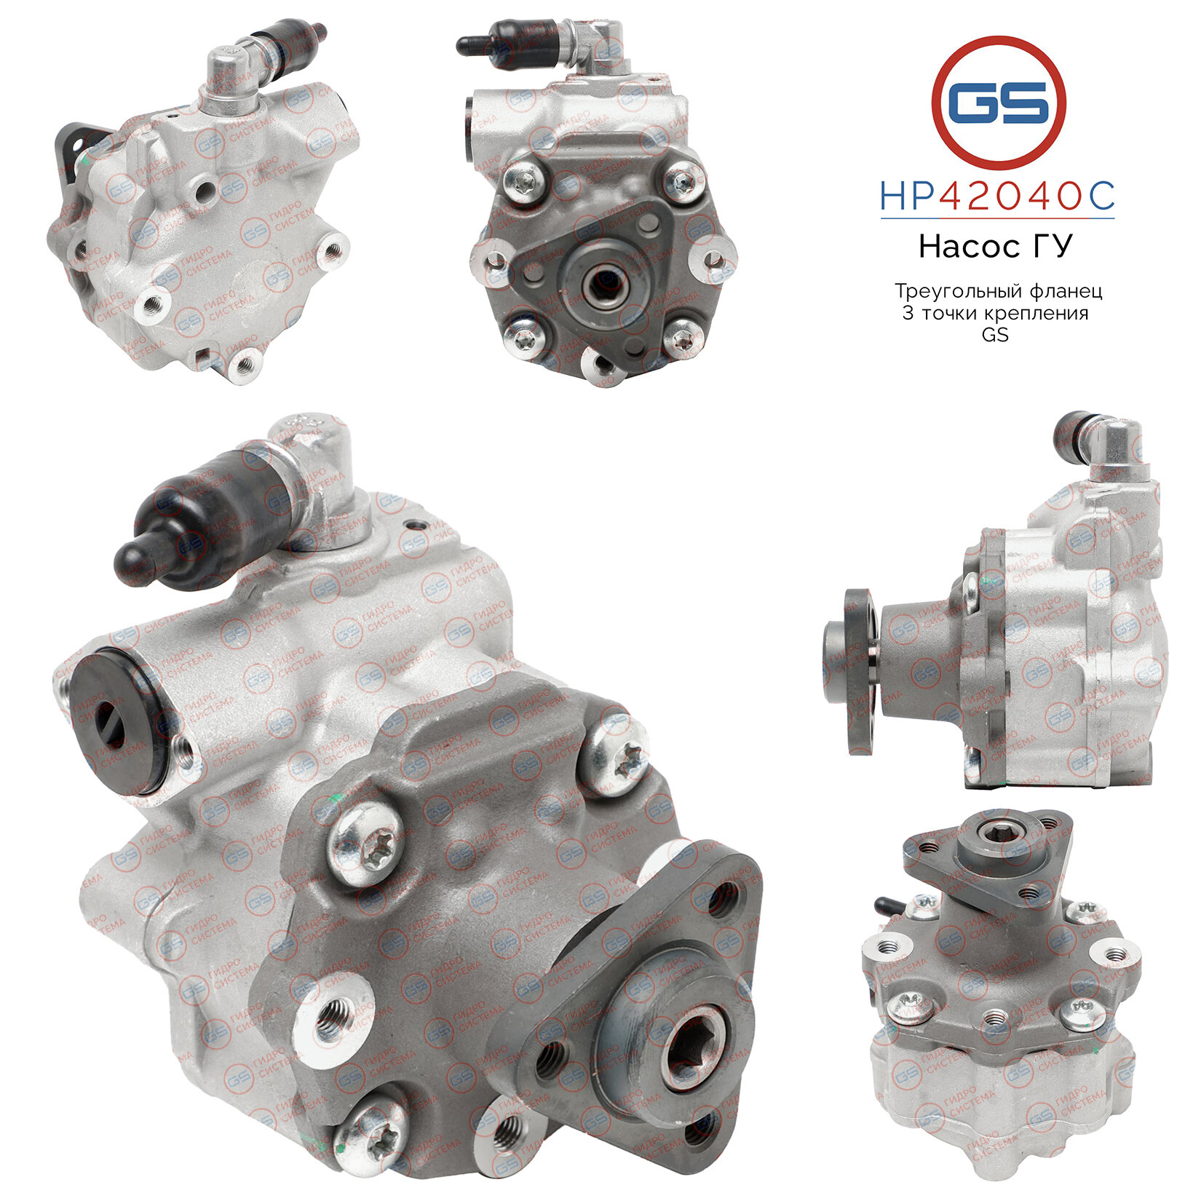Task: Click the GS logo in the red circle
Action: pos(998,103)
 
